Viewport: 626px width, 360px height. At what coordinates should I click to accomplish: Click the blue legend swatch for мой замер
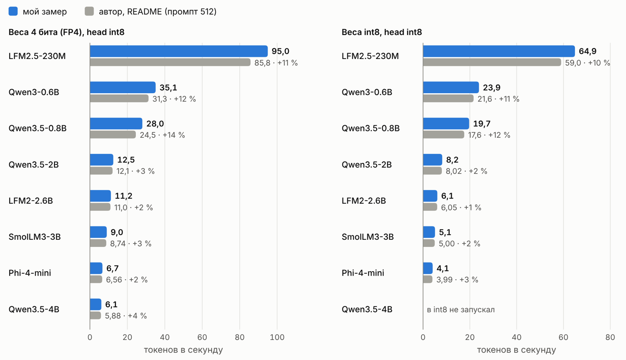[13, 11]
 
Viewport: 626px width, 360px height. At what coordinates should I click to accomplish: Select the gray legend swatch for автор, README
[89, 11]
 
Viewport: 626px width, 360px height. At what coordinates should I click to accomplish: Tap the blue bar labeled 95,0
[179, 51]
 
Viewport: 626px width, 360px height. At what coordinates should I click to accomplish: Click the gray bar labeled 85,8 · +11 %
[170, 63]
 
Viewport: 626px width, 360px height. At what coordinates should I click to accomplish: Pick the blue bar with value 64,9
[499, 51]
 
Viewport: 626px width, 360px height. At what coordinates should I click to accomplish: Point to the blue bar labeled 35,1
[123, 87]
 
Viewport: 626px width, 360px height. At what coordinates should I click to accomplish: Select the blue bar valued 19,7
[446, 123]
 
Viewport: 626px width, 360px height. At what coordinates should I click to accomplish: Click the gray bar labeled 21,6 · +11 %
[448, 99]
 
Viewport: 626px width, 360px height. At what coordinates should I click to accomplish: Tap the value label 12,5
[126, 160]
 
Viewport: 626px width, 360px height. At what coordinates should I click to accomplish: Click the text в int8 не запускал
[461, 310]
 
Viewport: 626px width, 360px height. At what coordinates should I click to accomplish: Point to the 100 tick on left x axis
[277, 337]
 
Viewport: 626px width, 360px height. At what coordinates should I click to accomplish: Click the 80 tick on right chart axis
[610, 337]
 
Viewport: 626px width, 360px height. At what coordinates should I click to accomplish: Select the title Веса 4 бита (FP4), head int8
[67, 32]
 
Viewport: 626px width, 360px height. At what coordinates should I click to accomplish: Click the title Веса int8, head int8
[382, 32]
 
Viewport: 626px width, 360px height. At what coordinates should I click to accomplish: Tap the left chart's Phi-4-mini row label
[30, 273]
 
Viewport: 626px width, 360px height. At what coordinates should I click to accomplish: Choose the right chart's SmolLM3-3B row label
[368, 237]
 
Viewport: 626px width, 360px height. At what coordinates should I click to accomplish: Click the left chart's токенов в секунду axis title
[183, 350]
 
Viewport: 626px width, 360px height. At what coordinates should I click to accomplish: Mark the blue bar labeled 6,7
[96, 268]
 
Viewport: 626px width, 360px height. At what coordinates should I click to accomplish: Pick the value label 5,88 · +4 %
[126, 316]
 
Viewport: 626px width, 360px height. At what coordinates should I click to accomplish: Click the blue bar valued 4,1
[428, 268]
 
